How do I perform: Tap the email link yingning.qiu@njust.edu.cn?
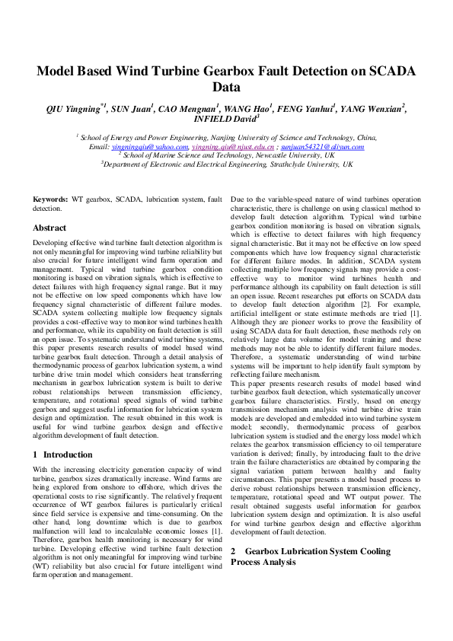tap(233, 145)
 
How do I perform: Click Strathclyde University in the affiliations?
tap(310, 163)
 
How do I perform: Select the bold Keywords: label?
tap(50, 199)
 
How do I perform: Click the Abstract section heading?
tap(50, 228)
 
